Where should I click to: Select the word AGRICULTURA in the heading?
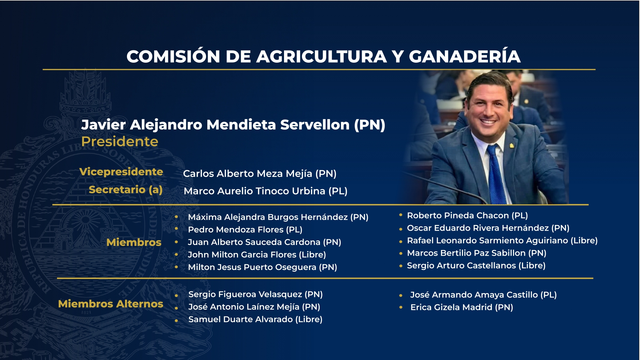[321, 57]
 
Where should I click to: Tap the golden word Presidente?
[120, 142]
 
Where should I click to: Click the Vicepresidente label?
[121, 172]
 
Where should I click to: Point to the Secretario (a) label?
[126, 190]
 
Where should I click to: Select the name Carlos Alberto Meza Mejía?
[248, 174]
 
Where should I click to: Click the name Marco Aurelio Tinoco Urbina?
[254, 191]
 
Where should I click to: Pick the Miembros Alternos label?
[111, 304]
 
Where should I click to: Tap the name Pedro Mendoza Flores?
[236, 230]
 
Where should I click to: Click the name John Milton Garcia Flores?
[242, 255]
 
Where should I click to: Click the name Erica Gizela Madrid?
[451, 307]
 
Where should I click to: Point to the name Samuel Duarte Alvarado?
[241, 319]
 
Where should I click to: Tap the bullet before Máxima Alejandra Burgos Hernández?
[176, 217]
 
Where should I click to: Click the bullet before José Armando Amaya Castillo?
[401, 295]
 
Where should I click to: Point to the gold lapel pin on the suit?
[512, 145]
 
